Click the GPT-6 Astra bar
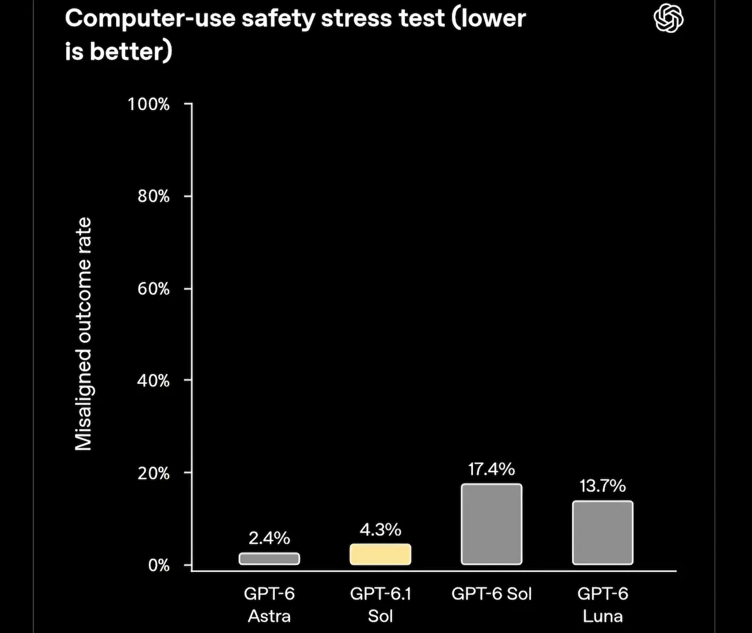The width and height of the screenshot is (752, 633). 269,559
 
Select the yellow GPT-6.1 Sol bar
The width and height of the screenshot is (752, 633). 380,554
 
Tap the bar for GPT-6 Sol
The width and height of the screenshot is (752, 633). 492,524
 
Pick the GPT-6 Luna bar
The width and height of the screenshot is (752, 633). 603,533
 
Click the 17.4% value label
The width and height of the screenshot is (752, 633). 492,469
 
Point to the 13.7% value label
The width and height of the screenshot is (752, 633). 603,486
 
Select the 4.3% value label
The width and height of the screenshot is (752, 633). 380,530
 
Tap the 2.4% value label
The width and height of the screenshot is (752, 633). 269,538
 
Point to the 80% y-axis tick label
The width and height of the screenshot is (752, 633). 154,197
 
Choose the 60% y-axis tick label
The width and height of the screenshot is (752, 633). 154,289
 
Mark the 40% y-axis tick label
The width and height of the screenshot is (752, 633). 154,381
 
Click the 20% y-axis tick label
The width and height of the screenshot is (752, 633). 154,473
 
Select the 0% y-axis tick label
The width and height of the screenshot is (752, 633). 159,566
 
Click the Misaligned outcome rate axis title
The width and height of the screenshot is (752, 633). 84,334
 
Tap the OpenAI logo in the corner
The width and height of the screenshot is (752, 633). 668,18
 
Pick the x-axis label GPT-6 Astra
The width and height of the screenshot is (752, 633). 269,605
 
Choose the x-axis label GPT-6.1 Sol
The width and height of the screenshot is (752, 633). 380,605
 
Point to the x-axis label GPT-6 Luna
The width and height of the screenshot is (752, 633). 603,605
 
